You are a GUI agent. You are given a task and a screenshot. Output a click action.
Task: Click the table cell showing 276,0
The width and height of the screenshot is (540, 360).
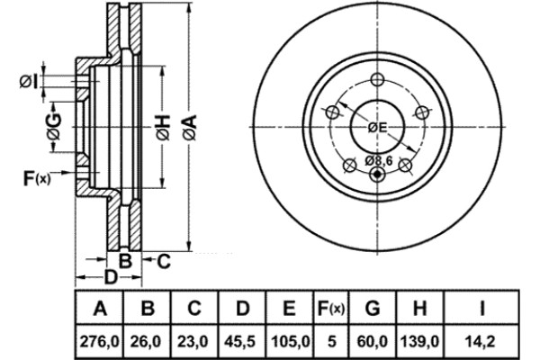click(x=99, y=342)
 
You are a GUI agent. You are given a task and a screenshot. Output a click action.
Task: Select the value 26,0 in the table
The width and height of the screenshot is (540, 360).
click(x=146, y=342)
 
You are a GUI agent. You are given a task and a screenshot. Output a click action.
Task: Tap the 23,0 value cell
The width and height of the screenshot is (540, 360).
click(x=193, y=342)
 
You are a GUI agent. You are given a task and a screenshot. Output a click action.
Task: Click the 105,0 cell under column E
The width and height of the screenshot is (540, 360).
click(x=290, y=342)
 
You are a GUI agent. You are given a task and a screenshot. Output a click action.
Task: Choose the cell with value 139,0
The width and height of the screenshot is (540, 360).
click(x=419, y=342)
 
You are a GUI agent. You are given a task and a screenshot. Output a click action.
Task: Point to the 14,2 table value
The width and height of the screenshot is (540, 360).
click(x=481, y=342)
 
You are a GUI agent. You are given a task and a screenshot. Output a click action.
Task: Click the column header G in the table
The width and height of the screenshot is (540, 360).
click(x=373, y=308)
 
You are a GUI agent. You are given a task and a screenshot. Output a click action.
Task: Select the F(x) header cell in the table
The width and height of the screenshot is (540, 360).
click(x=331, y=308)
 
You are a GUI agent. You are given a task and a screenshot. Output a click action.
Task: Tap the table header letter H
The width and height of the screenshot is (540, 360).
click(x=419, y=308)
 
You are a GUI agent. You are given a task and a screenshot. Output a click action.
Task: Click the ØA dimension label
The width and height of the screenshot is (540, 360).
click(x=190, y=128)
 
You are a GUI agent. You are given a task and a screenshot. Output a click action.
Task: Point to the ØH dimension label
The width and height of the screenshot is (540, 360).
click(x=163, y=128)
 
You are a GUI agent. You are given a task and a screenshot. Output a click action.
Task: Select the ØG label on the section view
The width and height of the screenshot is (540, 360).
click(x=54, y=127)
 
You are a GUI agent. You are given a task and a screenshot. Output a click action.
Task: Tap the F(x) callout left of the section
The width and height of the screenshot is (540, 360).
click(x=37, y=178)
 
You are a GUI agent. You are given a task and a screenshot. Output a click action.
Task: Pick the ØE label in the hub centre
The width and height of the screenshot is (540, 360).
click(x=377, y=128)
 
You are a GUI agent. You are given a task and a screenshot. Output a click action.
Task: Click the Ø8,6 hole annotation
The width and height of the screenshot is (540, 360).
click(x=379, y=160)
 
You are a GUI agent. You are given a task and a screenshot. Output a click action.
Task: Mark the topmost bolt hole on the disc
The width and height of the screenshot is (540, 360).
click(x=377, y=80)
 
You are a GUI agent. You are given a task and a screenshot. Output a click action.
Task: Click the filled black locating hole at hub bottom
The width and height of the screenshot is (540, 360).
click(x=377, y=174)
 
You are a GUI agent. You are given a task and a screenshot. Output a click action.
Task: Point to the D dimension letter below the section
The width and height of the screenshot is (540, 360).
click(x=111, y=277)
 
